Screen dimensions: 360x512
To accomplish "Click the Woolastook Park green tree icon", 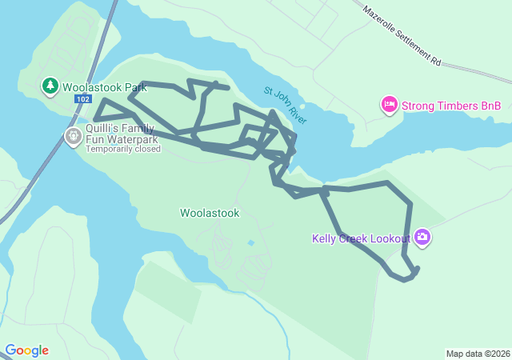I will click(50, 86).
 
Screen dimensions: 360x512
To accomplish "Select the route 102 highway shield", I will click(82, 98).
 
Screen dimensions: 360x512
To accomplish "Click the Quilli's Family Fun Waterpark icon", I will click(73, 137).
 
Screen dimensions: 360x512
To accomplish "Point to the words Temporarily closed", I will click(123, 149).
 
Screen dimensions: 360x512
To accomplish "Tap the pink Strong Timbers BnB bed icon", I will click(390, 105).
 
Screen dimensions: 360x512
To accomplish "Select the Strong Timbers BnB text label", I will click(450, 105).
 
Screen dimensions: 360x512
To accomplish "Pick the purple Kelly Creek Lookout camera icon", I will click(422, 238).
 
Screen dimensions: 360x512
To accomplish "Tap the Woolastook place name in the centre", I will click(210, 213).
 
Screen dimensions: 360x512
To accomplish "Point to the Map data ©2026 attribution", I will click(478, 354).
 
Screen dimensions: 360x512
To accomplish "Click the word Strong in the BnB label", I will click(418, 105).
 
